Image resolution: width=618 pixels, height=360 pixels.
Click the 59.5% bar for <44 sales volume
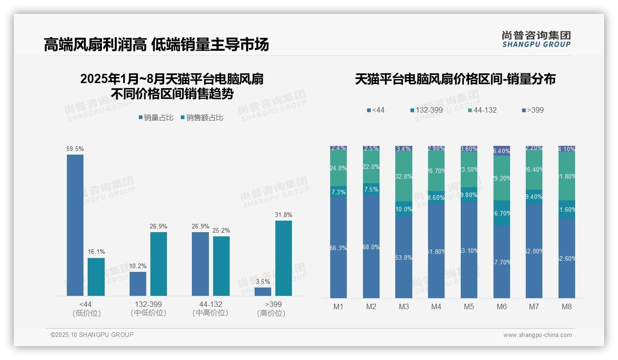[75, 225]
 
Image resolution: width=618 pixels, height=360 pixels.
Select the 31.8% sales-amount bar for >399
[284, 258]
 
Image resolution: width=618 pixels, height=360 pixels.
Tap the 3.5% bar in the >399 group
[263, 292]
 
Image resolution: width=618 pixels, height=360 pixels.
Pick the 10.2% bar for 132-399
[138, 284]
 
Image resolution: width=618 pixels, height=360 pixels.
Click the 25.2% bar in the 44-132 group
[221, 266]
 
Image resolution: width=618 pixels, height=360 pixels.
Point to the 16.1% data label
[96, 252]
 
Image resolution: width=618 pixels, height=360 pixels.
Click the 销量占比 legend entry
[156, 118]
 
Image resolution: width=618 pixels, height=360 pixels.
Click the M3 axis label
[404, 306]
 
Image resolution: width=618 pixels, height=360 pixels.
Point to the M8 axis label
[567, 306]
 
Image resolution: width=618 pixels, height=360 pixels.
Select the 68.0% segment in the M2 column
[371, 246]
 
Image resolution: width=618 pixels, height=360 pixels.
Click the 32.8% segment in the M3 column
[404, 176]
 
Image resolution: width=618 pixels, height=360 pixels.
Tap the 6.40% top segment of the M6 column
[502, 150]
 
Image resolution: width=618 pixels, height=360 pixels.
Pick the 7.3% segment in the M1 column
[339, 192]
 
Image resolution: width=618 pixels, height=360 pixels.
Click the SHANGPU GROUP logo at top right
[536, 39]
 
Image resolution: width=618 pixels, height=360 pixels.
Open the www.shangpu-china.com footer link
[537, 335]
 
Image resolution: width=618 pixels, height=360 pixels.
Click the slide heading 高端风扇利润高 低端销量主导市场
[156, 45]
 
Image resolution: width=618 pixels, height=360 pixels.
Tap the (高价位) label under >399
[271, 313]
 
